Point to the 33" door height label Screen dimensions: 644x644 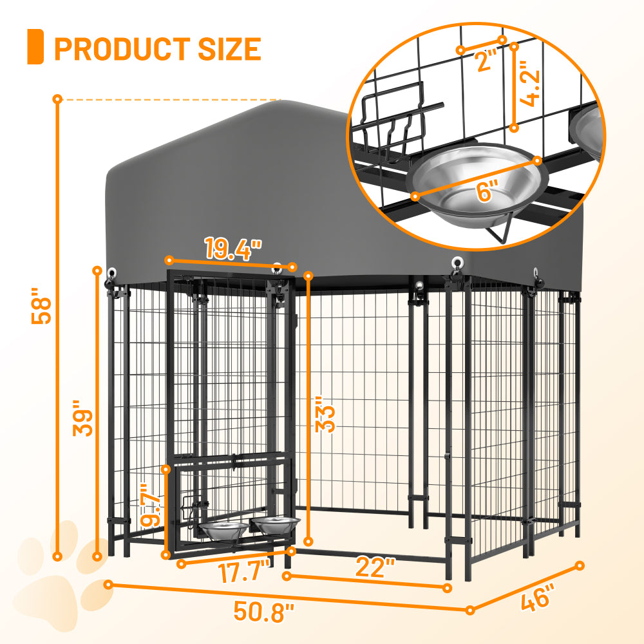point(328,418)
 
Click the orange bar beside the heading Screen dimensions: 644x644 point(35,46)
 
